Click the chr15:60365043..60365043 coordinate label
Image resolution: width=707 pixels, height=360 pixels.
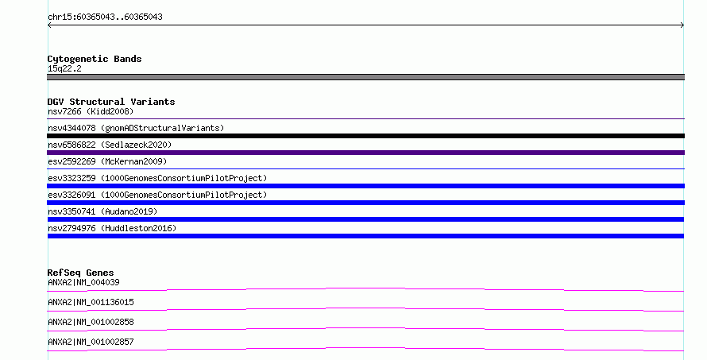pos(105,17)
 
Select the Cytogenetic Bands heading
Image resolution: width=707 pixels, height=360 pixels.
pos(95,59)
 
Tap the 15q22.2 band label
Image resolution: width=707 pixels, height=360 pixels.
pos(64,68)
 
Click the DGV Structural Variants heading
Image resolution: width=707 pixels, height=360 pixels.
pos(111,102)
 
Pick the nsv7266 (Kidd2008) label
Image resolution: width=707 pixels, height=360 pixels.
pos(91,111)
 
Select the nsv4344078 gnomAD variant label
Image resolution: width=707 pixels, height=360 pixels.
pos(136,128)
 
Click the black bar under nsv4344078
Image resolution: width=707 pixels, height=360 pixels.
pos(365,136)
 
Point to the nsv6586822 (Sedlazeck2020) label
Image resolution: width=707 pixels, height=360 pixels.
pos(110,145)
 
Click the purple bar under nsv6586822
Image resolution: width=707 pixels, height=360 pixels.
pos(365,153)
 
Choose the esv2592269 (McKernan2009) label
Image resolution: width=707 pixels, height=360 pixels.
pos(107,161)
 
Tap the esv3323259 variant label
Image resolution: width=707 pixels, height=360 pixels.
pos(157,178)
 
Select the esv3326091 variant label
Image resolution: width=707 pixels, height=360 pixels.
pos(157,195)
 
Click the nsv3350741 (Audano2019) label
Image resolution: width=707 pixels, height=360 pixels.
pos(102,211)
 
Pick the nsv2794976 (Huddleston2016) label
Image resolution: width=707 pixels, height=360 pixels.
pos(112,228)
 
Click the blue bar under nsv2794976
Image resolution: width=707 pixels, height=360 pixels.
pos(365,236)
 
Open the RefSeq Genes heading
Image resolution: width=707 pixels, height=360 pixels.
pos(81,273)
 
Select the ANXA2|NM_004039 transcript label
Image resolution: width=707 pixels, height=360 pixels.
pos(83,282)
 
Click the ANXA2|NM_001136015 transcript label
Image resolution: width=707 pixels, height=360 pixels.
pos(91,302)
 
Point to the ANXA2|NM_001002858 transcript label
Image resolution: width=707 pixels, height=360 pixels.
pos(91,322)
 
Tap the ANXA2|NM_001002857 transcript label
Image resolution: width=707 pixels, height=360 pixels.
pos(91,342)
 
